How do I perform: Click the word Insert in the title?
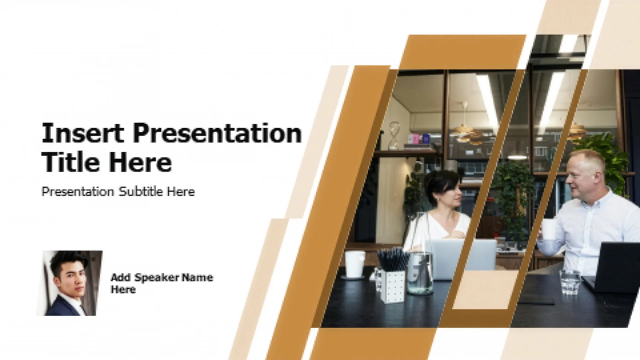tap(83, 133)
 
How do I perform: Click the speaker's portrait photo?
tap(69, 283)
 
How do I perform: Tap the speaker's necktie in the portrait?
tap(82, 310)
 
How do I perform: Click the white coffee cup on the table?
tap(355, 264)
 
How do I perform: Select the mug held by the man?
tap(549, 229)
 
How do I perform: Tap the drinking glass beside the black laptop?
tap(570, 282)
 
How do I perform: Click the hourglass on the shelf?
tap(394, 135)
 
